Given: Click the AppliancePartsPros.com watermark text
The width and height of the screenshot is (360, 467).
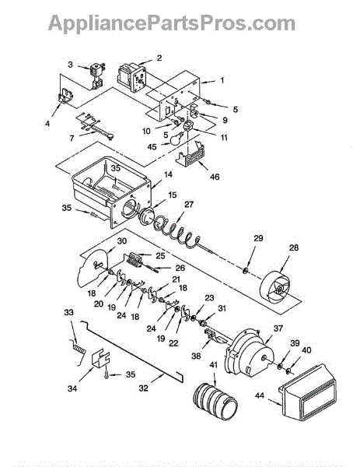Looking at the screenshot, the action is (172, 23).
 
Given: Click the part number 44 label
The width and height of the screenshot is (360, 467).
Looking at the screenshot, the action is (260, 396).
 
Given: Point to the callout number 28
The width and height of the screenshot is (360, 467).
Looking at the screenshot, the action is (294, 248).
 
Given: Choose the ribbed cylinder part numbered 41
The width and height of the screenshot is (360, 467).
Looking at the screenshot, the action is (215, 402).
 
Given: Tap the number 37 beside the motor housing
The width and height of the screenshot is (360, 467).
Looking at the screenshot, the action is (278, 328).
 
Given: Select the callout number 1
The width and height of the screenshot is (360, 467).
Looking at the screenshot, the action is (222, 80).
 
